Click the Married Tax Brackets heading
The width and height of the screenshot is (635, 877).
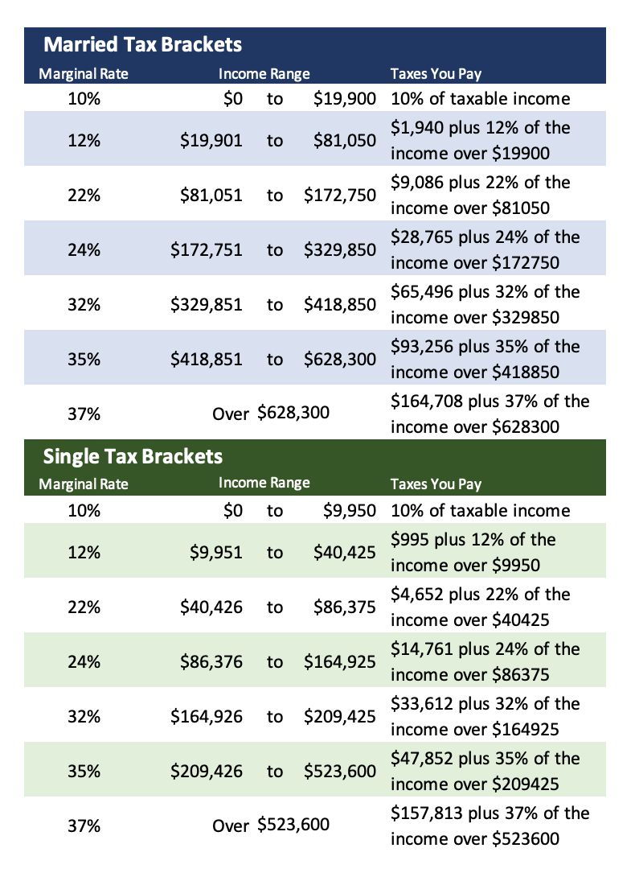(142, 43)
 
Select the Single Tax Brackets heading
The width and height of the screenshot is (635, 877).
(133, 456)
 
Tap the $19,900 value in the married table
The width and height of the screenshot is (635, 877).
(345, 98)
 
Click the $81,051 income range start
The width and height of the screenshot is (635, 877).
(211, 195)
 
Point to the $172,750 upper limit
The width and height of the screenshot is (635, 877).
(339, 195)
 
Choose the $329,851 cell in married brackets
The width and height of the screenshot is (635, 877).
(207, 304)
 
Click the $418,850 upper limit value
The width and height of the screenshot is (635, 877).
(339, 304)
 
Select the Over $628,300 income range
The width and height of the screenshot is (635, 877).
(271, 414)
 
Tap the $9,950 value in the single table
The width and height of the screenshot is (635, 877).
(349, 510)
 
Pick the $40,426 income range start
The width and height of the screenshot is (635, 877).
(211, 607)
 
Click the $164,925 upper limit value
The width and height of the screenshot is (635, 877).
(339, 661)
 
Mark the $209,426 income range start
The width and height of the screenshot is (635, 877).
(207, 771)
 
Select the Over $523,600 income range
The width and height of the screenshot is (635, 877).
(271, 826)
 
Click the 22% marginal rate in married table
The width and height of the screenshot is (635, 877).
(84, 195)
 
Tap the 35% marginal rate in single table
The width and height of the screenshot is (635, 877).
(84, 771)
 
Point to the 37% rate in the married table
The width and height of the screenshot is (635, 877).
(84, 414)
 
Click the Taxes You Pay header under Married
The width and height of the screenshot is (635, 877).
(436, 74)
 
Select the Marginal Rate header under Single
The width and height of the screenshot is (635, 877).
(84, 484)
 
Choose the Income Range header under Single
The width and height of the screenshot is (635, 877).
(264, 483)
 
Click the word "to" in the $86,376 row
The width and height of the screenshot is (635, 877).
(275, 661)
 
